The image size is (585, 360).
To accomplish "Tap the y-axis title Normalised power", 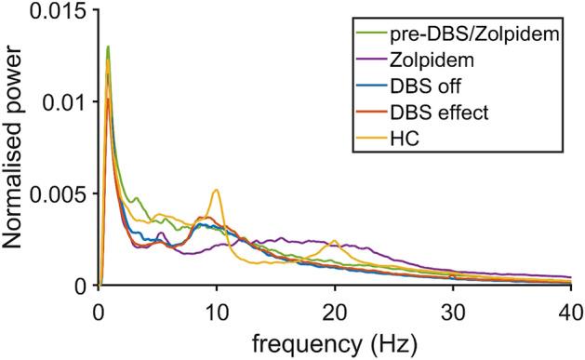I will [x=17, y=149].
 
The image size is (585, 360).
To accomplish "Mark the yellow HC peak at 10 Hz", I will [x=217, y=190].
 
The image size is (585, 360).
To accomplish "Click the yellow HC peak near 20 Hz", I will [x=335, y=241].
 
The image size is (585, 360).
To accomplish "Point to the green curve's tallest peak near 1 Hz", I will [x=109, y=47].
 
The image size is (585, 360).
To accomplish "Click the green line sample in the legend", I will [x=371, y=36].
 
